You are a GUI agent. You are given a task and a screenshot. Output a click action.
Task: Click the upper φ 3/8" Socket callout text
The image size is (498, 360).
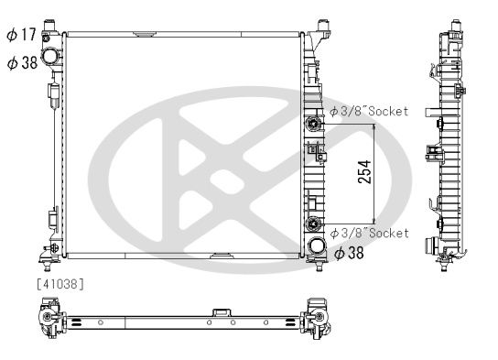point(368,111)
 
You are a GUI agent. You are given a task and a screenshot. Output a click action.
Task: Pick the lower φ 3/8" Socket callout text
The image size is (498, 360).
point(368,234)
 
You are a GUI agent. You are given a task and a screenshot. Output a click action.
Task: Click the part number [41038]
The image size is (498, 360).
point(60,285)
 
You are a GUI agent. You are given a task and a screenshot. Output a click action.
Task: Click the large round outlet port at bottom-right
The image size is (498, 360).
point(317,246)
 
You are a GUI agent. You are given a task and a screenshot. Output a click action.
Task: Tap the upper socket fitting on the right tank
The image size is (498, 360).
point(315,123)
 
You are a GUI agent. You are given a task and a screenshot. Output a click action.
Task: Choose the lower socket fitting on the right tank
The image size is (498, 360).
point(315,224)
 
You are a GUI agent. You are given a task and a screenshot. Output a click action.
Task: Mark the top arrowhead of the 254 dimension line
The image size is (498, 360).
point(374,125)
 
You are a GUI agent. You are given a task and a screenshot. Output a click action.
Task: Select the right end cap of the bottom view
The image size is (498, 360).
point(319,316)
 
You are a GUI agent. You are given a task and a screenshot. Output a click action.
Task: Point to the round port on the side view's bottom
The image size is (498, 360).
point(429,246)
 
